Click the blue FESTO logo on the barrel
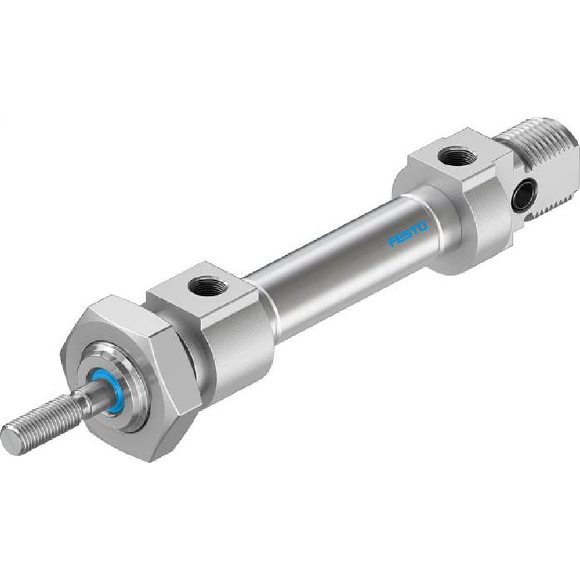408,233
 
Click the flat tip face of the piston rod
10,440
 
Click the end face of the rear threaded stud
574,157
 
